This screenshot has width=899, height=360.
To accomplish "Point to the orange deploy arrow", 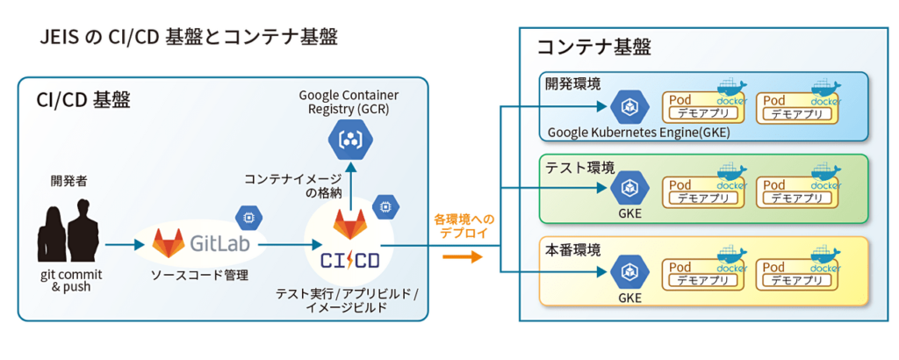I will pos(462,256).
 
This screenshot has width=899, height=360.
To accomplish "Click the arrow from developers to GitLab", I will pos(123,245).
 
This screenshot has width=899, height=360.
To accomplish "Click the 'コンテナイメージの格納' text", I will pos(296,185).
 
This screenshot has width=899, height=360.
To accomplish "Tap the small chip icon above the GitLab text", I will pos(243,215).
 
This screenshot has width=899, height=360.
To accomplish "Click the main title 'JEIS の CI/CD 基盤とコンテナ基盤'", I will pos(189,37).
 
